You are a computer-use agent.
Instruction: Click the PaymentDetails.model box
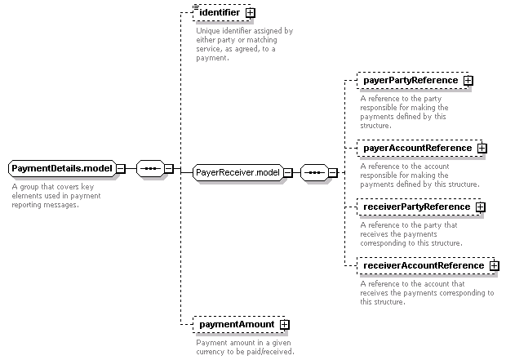pos(62,168)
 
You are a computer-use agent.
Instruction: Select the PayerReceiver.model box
pos(237,172)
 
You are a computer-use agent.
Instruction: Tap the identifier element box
pos(222,13)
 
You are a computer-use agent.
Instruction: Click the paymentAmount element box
pos(239,324)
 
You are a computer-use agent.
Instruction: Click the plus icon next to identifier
pos(250,13)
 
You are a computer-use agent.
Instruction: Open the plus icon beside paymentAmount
pos(284,324)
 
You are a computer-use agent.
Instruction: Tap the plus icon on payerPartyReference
pos(468,80)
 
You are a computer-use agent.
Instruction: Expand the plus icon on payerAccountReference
pos(482,149)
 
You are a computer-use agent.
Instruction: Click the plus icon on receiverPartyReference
pos(481,207)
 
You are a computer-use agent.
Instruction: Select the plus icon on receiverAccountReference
pos(494,266)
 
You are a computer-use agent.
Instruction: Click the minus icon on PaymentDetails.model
pos(121,168)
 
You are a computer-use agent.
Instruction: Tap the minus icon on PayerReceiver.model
pos(288,173)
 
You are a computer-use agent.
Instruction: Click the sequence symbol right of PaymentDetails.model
pos(150,168)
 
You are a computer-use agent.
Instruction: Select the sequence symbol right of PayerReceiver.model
pos(314,173)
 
